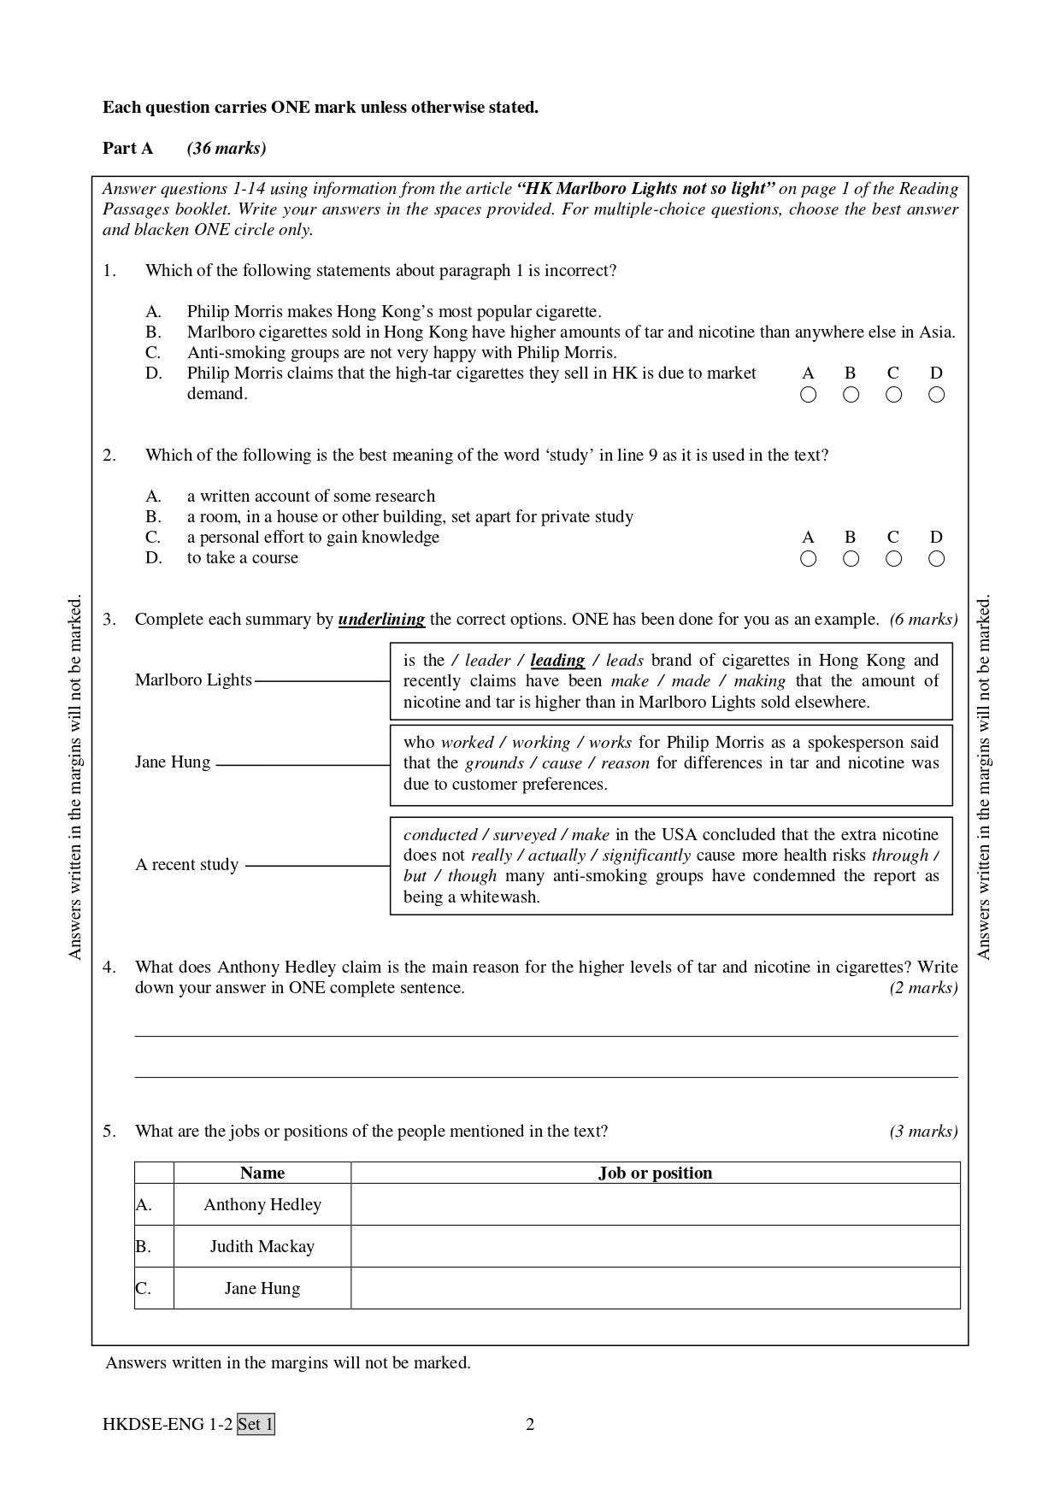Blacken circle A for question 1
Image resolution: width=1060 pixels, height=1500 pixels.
808,394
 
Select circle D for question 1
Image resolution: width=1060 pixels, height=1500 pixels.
936,394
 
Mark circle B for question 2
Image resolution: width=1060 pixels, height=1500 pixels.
851,558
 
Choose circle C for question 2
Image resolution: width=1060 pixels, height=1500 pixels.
893,558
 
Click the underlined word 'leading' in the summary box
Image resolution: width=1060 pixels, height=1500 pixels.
557,660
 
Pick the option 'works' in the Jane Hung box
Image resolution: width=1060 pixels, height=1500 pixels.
610,742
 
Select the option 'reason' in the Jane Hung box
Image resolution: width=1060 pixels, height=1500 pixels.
625,762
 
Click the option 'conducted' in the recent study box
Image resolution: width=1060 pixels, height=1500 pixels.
439,834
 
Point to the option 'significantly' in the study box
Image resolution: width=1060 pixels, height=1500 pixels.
646,855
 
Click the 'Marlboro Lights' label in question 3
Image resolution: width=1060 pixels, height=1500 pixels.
193,679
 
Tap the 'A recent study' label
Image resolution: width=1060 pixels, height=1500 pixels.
186,864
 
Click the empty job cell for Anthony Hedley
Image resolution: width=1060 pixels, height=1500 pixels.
655,1204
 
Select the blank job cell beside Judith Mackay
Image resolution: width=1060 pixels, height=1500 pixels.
655,1246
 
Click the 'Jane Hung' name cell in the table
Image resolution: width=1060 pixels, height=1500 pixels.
262,1288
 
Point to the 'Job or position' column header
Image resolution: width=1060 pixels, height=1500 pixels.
655,1173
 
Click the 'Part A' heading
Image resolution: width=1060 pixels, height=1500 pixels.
128,148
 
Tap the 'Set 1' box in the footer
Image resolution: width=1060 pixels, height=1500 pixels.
256,1424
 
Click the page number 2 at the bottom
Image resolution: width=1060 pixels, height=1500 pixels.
530,1424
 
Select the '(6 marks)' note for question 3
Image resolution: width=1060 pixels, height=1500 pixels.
923,619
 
